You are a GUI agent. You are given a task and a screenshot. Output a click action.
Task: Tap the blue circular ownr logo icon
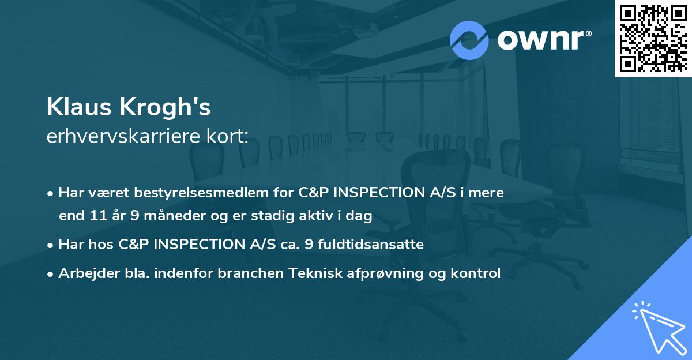pos(469,40)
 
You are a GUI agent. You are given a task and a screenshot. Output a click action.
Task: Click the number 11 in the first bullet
pos(98,216)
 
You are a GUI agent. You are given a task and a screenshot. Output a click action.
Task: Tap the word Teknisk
pos(322,273)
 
